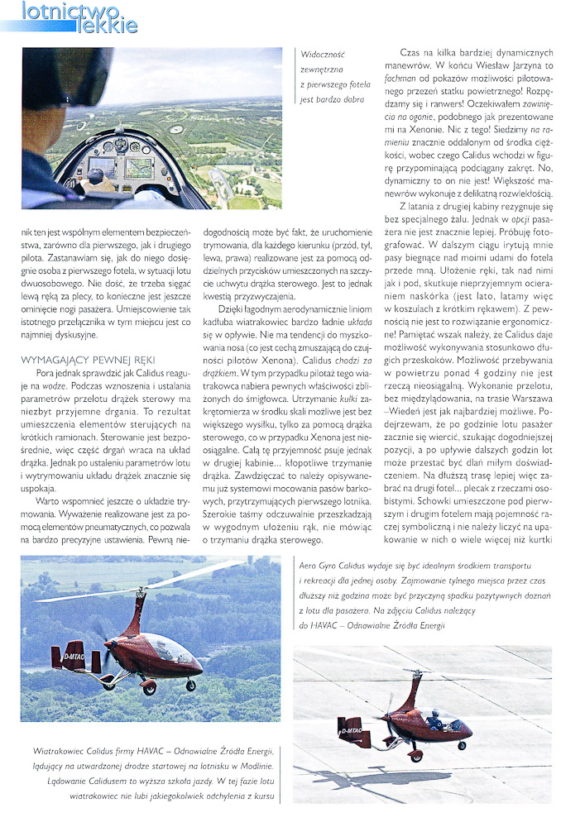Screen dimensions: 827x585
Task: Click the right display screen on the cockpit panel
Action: (140, 168)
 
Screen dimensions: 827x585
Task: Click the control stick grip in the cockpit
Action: (96, 177)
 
